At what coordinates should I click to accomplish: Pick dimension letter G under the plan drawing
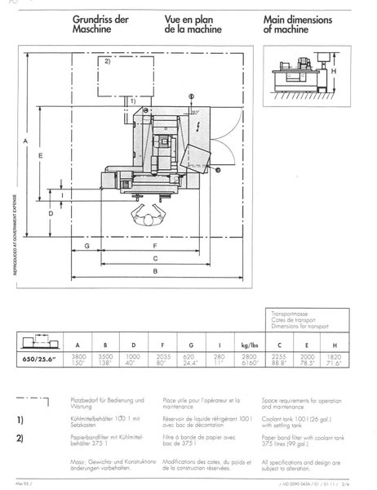[x=86, y=244]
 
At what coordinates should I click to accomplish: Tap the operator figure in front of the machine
[x=149, y=215]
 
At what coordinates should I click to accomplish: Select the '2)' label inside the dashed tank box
[x=107, y=62]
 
